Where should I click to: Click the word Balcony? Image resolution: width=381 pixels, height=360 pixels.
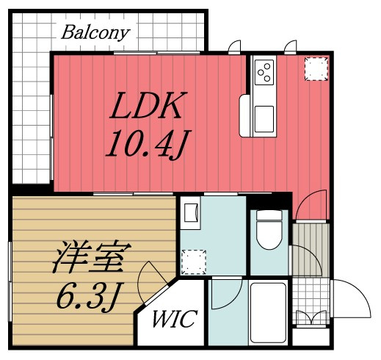(x=95, y=33)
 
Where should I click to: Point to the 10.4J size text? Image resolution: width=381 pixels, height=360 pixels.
(x=148, y=144)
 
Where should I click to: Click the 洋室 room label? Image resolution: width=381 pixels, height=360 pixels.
(x=92, y=257)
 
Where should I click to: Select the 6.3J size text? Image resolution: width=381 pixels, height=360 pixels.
(x=90, y=297)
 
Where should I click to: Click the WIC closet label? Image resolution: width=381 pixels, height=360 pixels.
(x=175, y=319)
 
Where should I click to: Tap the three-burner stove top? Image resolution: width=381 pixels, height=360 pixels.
(x=264, y=72)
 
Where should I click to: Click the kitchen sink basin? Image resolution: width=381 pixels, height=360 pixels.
(x=264, y=119)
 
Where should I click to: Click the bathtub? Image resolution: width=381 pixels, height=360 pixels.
(x=269, y=313)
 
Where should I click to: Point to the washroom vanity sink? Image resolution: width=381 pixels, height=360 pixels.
(x=191, y=212)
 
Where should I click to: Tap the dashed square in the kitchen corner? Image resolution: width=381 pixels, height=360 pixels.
(x=316, y=69)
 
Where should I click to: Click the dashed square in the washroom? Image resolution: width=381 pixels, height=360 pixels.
(x=194, y=262)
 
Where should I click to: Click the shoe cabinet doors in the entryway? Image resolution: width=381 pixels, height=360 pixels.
(x=311, y=317)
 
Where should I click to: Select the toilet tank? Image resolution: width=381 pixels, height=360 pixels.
(x=269, y=215)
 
